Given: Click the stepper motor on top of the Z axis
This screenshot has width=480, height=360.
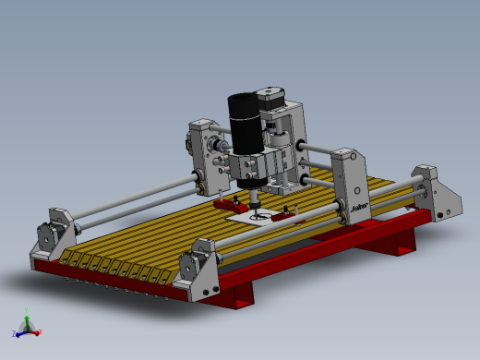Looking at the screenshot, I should point(270,99).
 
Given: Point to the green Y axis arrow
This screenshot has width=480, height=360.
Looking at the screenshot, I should point(28,317).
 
